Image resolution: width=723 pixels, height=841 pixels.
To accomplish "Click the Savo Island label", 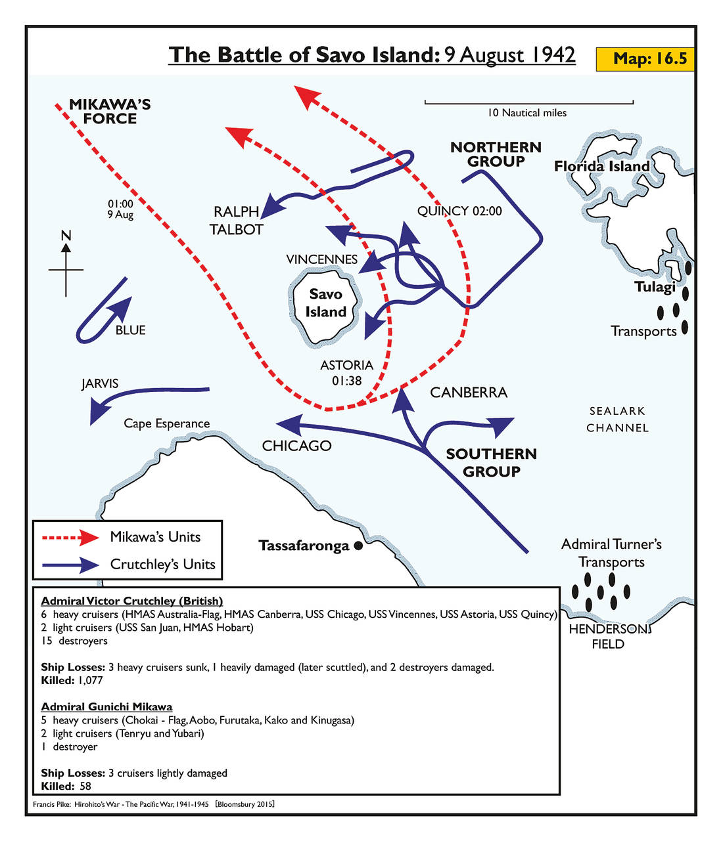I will coord(325,303).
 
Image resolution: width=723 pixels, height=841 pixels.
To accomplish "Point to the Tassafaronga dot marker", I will coord(358,546).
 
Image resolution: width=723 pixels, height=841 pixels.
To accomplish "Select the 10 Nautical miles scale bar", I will coord(528,102).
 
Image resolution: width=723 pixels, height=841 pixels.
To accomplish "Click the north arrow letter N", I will coord(66,236).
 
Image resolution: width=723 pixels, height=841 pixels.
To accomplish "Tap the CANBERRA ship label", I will coord(469,393).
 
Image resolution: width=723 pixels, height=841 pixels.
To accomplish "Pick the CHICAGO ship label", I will coord(296,446).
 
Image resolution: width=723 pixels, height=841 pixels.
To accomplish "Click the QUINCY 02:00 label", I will coord(459,211).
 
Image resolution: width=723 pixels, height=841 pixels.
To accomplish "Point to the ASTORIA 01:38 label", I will coord(346,372).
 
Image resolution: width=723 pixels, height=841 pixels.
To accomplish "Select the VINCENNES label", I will coord(321,259).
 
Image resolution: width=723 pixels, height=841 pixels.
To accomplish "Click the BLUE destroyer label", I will coord(130,330).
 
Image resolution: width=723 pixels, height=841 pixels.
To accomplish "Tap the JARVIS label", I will coord(100,383).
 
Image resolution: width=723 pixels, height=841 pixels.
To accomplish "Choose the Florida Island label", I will coord(601,166).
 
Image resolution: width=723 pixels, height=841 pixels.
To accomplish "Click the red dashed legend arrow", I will coord(70,537).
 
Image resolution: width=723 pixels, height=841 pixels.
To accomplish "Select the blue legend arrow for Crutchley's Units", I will coord(70,564).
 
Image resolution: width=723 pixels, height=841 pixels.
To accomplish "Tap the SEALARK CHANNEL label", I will coord(617,420).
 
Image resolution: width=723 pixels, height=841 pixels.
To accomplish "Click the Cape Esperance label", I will coord(167,423).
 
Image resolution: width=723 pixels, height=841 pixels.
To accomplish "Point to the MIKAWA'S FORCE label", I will coord(110,112).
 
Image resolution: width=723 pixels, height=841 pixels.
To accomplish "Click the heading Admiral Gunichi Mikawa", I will coord(106,706).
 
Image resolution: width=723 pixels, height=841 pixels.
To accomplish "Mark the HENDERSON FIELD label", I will coord(609,636).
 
